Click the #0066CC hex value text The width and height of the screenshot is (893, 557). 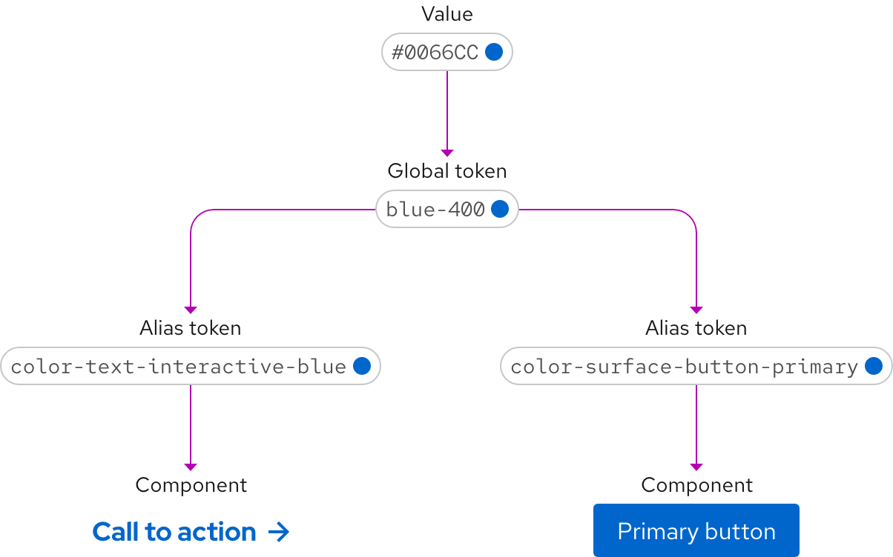coord(435,53)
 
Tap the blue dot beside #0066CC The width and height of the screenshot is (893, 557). coord(494,52)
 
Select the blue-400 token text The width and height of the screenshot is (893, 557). coord(435,210)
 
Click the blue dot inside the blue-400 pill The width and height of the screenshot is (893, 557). coord(500,209)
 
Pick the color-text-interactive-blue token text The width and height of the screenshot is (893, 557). coord(179,367)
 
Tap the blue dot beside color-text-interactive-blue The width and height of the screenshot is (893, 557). coord(362,366)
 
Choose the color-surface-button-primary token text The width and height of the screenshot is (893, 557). coord(684,367)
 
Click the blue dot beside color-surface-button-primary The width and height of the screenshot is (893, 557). coord(873,366)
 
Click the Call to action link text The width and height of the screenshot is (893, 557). coord(174,532)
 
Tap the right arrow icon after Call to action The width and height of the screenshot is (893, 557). coord(278,532)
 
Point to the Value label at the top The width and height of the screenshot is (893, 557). coord(446,14)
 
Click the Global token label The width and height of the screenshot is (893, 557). coord(446,171)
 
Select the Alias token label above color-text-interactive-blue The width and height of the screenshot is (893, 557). coord(190,328)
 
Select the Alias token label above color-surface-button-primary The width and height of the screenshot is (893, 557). coord(696,328)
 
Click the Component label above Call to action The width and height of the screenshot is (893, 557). coord(191,485)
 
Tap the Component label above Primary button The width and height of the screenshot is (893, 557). coord(696,485)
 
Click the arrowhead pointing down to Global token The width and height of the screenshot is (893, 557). coord(446,153)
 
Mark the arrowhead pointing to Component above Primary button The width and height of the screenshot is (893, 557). coord(696,467)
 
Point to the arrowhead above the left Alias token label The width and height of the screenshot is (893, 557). coord(191,310)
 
